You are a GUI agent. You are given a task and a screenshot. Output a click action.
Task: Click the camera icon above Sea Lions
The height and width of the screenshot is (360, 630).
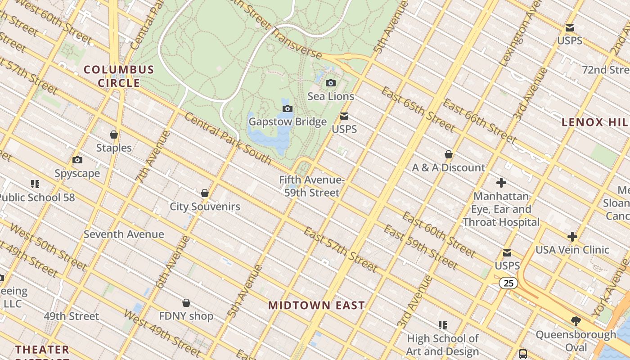[x=330, y=83]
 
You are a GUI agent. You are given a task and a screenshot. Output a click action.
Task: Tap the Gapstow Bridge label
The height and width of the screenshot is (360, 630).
[x=288, y=122]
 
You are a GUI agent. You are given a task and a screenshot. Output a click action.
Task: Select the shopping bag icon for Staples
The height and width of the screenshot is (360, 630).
[x=114, y=135]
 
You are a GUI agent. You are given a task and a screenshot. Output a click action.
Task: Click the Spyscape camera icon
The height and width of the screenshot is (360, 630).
[x=77, y=160]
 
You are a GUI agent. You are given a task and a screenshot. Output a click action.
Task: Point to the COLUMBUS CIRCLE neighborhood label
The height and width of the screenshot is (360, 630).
[x=119, y=76]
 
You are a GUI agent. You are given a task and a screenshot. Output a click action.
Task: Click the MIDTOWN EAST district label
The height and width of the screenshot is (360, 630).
[x=316, y=306]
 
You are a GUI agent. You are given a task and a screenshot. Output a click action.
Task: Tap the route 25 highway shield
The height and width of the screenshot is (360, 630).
[x=508, y=283]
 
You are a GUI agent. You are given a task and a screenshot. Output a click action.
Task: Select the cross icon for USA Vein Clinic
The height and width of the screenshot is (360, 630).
[x=572, y=237]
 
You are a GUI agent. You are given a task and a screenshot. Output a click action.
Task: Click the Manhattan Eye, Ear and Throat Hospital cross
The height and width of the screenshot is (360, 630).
[x=501, y=183]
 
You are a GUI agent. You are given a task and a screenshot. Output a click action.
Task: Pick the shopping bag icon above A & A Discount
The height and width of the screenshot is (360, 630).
[x=448, y=154]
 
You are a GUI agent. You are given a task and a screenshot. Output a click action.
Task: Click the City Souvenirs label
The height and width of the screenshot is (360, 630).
[x=205, y=207]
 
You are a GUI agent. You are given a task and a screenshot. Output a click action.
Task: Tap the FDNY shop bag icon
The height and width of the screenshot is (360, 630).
[x=186, y=303]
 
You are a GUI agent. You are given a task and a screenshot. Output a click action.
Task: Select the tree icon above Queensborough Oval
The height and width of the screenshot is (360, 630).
[x=575, y=321]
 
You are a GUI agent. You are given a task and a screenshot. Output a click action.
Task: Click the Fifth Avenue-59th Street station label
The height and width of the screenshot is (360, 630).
[x=311, y=186]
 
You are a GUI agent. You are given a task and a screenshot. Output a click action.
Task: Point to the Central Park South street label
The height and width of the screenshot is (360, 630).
[x=228, y=139]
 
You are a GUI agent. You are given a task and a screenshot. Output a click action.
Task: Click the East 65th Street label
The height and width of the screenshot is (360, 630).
[x=418, y=109]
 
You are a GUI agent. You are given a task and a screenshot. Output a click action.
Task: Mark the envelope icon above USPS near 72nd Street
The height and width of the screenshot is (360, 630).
[x=570, y=28]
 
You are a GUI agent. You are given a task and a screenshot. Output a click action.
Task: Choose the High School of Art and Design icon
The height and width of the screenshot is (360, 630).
[x=443, y=325]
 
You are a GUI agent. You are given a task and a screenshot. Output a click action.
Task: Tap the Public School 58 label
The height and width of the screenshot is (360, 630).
[x=37, y=198]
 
